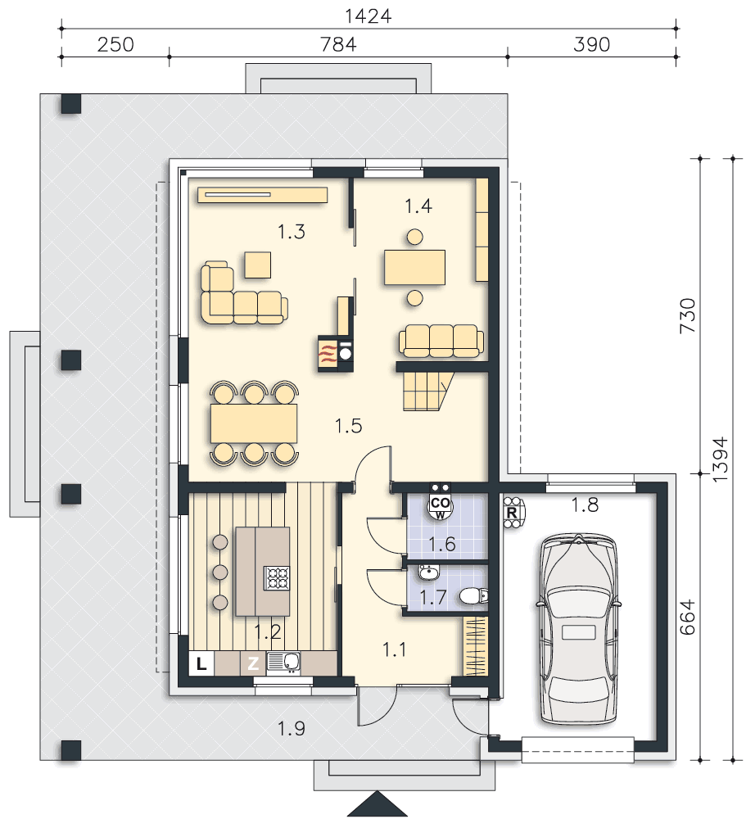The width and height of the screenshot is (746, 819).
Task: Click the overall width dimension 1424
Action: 368,16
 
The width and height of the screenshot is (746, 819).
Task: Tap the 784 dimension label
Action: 338,44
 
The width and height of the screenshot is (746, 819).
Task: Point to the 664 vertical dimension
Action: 688,617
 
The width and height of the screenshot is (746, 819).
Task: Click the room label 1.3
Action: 292,232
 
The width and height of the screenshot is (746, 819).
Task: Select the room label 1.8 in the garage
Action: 585,505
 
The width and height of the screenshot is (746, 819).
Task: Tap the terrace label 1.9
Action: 292,728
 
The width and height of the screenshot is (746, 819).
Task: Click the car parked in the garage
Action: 578,629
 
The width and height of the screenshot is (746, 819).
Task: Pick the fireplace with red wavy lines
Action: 328,355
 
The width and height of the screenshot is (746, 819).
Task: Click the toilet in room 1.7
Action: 474,595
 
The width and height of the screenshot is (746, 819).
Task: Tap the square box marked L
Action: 201,664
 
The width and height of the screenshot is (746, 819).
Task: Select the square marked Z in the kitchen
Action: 253,664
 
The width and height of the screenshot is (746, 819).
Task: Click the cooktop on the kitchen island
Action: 277,578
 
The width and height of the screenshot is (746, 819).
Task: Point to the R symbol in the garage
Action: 512,513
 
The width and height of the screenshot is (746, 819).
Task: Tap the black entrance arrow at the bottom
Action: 378,805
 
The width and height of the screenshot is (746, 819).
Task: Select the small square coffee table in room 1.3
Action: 258,265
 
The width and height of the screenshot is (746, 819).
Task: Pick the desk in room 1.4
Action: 415,268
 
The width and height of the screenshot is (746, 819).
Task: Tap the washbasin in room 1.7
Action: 429,573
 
